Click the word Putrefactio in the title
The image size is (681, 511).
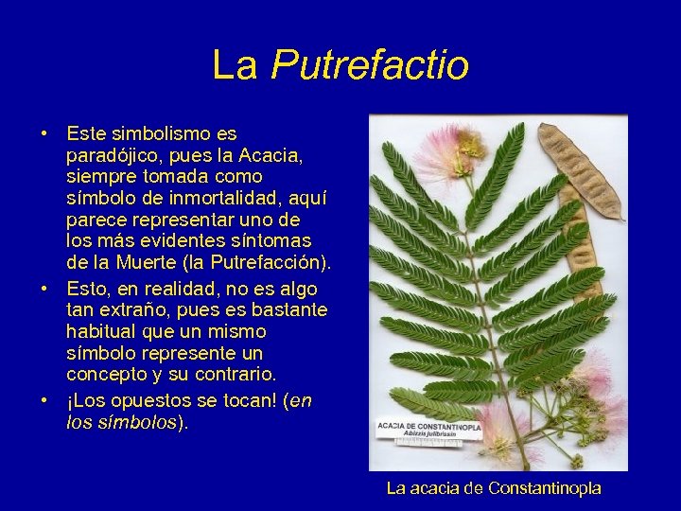pyautogui.click(x=369, y=65)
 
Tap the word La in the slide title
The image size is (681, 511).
pyautogui.click(x=235, y=65)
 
